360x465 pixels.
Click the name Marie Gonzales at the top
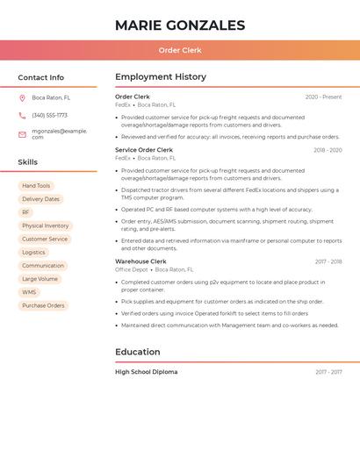[x=180, y=25]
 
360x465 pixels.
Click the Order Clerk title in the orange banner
[x=180, y=50]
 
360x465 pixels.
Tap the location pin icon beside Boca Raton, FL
[x=22, y=98]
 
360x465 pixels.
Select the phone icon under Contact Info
[x=22, y=115]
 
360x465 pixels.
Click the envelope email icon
[x=22, y=134]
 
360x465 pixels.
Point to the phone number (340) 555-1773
[x=50, y=115]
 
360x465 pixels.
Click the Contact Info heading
[x=41, y=77]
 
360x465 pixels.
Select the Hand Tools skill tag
[x=36, y=186]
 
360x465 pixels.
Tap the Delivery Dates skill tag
[x=40, y=199]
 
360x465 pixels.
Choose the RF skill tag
[x=25, y=212]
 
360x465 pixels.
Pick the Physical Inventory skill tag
[x=45, y=225]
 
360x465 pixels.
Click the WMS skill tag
[x=29, y=292]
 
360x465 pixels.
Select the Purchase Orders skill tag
[x=43, y=305]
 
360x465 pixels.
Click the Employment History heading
[x=161, y=77]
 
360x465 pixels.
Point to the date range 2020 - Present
[x=323, y=97]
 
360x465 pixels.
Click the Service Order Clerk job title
[x=144, y=150]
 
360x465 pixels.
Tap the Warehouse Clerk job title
[x=140, y=261]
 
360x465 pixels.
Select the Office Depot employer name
[x=132, y=270]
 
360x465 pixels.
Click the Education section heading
[x=138, y=352]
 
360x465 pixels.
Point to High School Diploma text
[x=147, y=372]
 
